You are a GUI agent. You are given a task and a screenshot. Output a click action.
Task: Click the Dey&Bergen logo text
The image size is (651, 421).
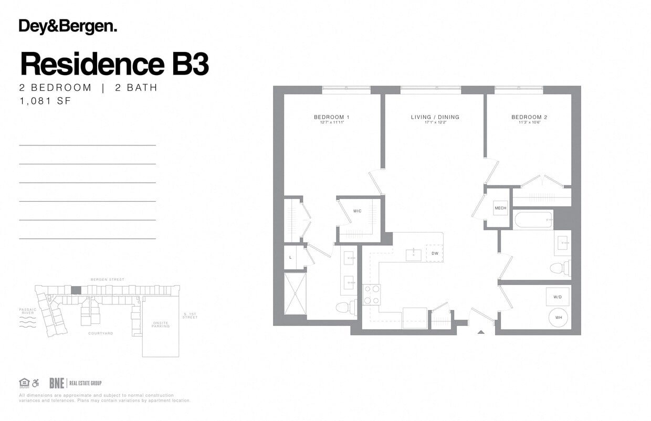click(68, 27)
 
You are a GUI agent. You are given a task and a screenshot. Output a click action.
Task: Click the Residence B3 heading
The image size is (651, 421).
click(114, 64)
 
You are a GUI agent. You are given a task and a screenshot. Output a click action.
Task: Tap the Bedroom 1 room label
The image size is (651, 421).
click(331, 117)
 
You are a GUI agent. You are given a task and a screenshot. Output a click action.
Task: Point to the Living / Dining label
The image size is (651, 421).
click(435, 117)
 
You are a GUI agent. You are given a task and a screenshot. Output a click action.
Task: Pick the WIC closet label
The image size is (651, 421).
click(357, 211)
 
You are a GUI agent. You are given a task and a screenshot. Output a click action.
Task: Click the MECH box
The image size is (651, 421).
click(500, 208)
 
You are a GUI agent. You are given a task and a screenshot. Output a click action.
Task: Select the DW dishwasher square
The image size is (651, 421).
click(435, 253)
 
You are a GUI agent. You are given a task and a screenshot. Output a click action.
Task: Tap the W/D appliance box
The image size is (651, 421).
click(557, 297)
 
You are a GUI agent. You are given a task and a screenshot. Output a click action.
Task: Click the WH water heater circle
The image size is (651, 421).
click(558, 317)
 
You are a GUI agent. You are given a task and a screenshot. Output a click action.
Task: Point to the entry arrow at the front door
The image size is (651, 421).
click(481, 332)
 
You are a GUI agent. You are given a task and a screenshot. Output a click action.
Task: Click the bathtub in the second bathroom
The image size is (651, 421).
click(533, 219)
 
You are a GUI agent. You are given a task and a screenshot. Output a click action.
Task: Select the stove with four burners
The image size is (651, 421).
click(371, 294)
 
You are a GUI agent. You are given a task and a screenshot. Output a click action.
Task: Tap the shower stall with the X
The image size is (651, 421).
click(295, 293)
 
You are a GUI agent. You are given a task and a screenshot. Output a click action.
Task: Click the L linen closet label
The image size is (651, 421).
click(290, 257)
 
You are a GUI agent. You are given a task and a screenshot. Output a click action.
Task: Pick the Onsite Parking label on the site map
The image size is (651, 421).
click(160, 324)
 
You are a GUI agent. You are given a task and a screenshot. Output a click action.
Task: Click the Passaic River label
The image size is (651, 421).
click(27, 311)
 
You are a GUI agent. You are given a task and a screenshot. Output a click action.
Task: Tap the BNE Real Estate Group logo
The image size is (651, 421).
click(75, 383)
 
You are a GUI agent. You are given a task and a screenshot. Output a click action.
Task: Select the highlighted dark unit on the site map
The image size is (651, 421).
click(76, 290)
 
